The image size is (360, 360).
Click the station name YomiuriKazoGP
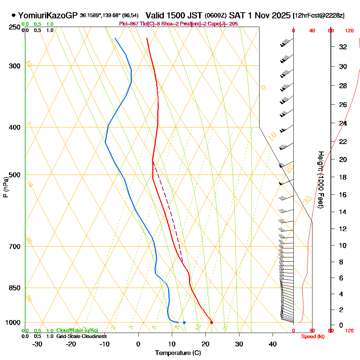point(48,15)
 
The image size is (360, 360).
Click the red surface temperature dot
point(211,322)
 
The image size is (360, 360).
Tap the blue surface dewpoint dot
point(184,322)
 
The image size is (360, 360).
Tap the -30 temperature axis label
point(37,344)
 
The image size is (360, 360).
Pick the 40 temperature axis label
point(273,344)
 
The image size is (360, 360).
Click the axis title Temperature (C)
point(178,353)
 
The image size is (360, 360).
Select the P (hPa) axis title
point(6,187)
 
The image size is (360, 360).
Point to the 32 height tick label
point(343,47)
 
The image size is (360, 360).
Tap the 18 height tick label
point(343,177)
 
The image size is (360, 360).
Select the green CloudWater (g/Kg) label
point(77,330)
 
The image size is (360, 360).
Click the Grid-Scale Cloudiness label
point(81,336)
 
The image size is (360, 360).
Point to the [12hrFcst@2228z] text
point(319,15)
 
